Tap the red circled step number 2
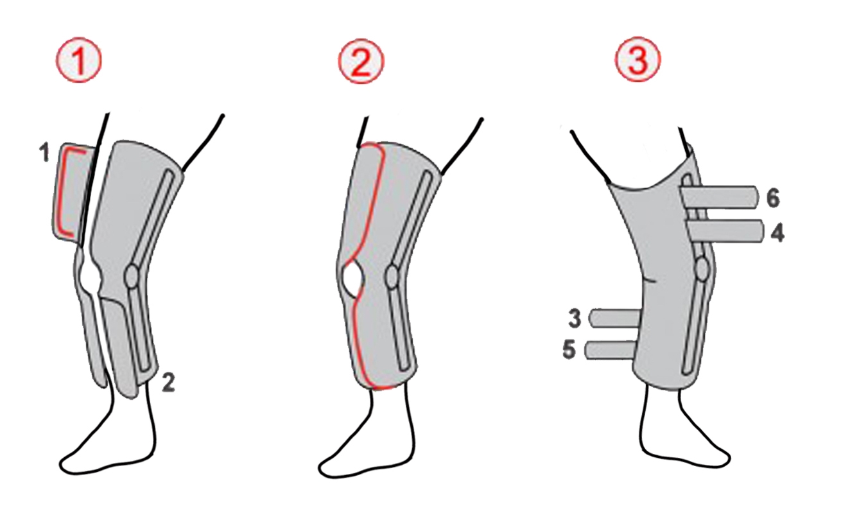361,62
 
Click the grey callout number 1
45,153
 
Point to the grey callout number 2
168,383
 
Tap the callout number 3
575,319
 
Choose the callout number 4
777,232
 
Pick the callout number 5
569,349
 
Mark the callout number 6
773,198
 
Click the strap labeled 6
719,197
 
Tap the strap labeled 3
616,318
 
